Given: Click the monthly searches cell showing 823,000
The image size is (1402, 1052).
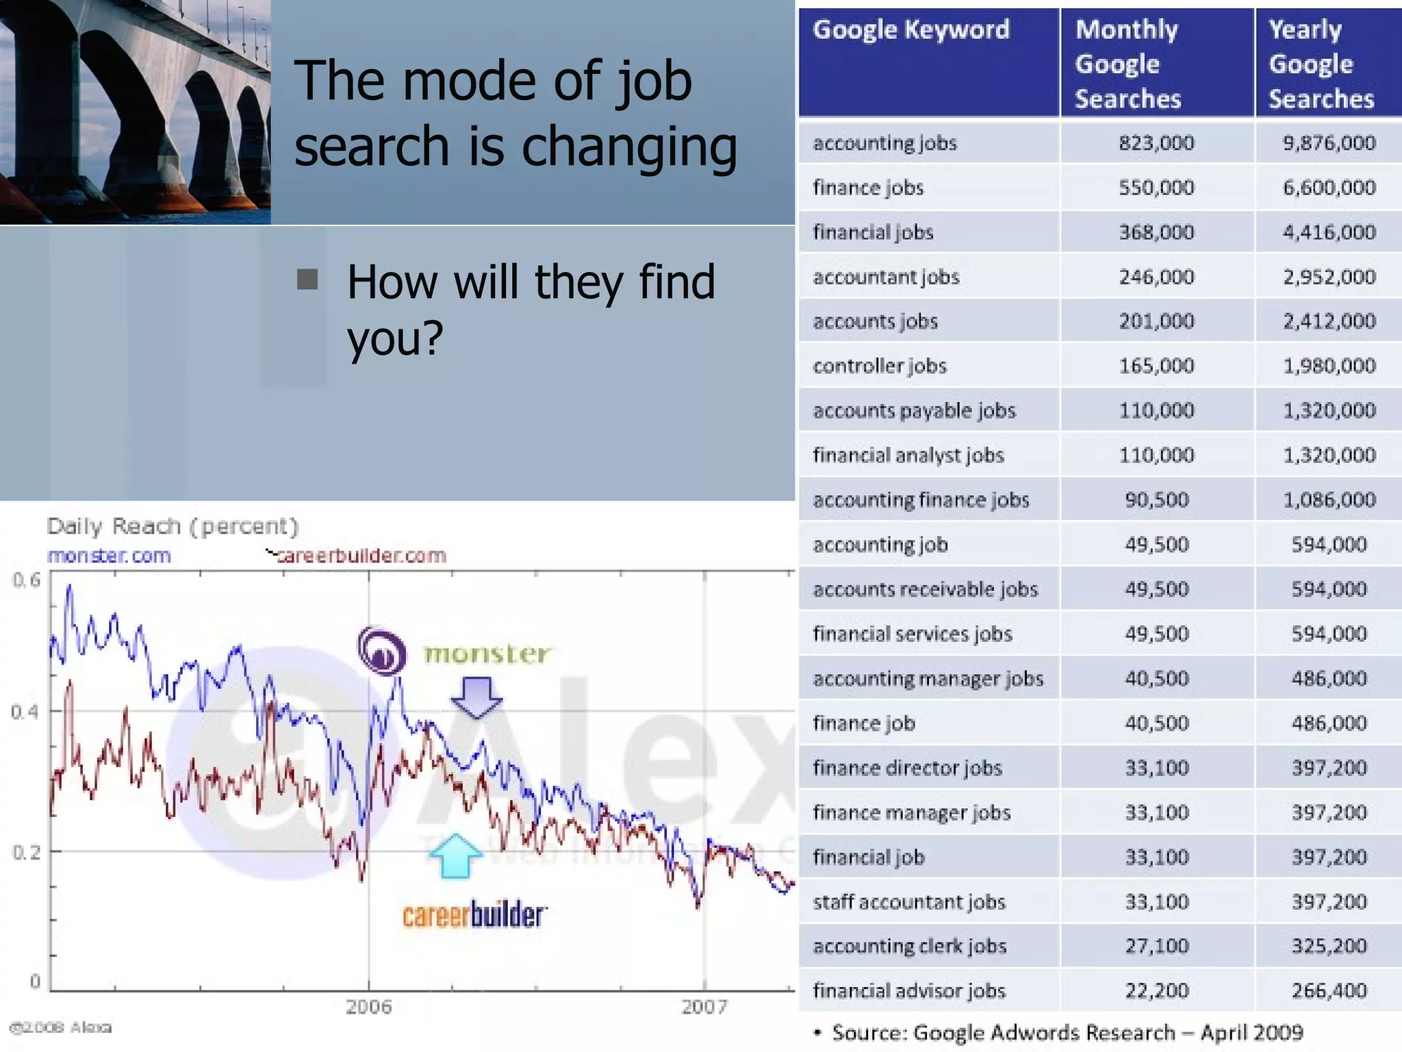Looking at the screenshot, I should pos(1156,143).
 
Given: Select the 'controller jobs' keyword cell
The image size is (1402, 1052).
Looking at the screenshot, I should pos(880,366).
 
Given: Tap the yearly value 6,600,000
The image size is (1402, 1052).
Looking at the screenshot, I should pos(1329,188).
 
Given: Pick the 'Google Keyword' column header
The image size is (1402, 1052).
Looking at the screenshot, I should pos(911,30).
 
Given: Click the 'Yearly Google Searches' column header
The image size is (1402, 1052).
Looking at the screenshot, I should pos(1321,64).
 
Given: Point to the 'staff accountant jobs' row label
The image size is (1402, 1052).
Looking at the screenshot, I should pos(909,902).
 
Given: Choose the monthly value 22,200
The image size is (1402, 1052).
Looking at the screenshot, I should pos(1156,990).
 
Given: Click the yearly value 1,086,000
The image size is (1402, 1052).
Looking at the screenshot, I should pos(1329,500).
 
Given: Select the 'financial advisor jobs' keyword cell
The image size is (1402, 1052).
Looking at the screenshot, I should pos(909,991).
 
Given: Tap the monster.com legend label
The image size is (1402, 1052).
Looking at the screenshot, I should pos(110,555).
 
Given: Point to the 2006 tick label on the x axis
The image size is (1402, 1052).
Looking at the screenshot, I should pos(368,1007).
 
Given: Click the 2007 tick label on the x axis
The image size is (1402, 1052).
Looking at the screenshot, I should pos(704,1007).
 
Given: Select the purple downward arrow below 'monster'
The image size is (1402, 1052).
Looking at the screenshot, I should pos(476,697).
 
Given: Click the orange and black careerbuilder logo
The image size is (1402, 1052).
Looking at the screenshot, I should pos(474,916).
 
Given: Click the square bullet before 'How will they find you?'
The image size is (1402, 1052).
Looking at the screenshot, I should pos(307,279).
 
